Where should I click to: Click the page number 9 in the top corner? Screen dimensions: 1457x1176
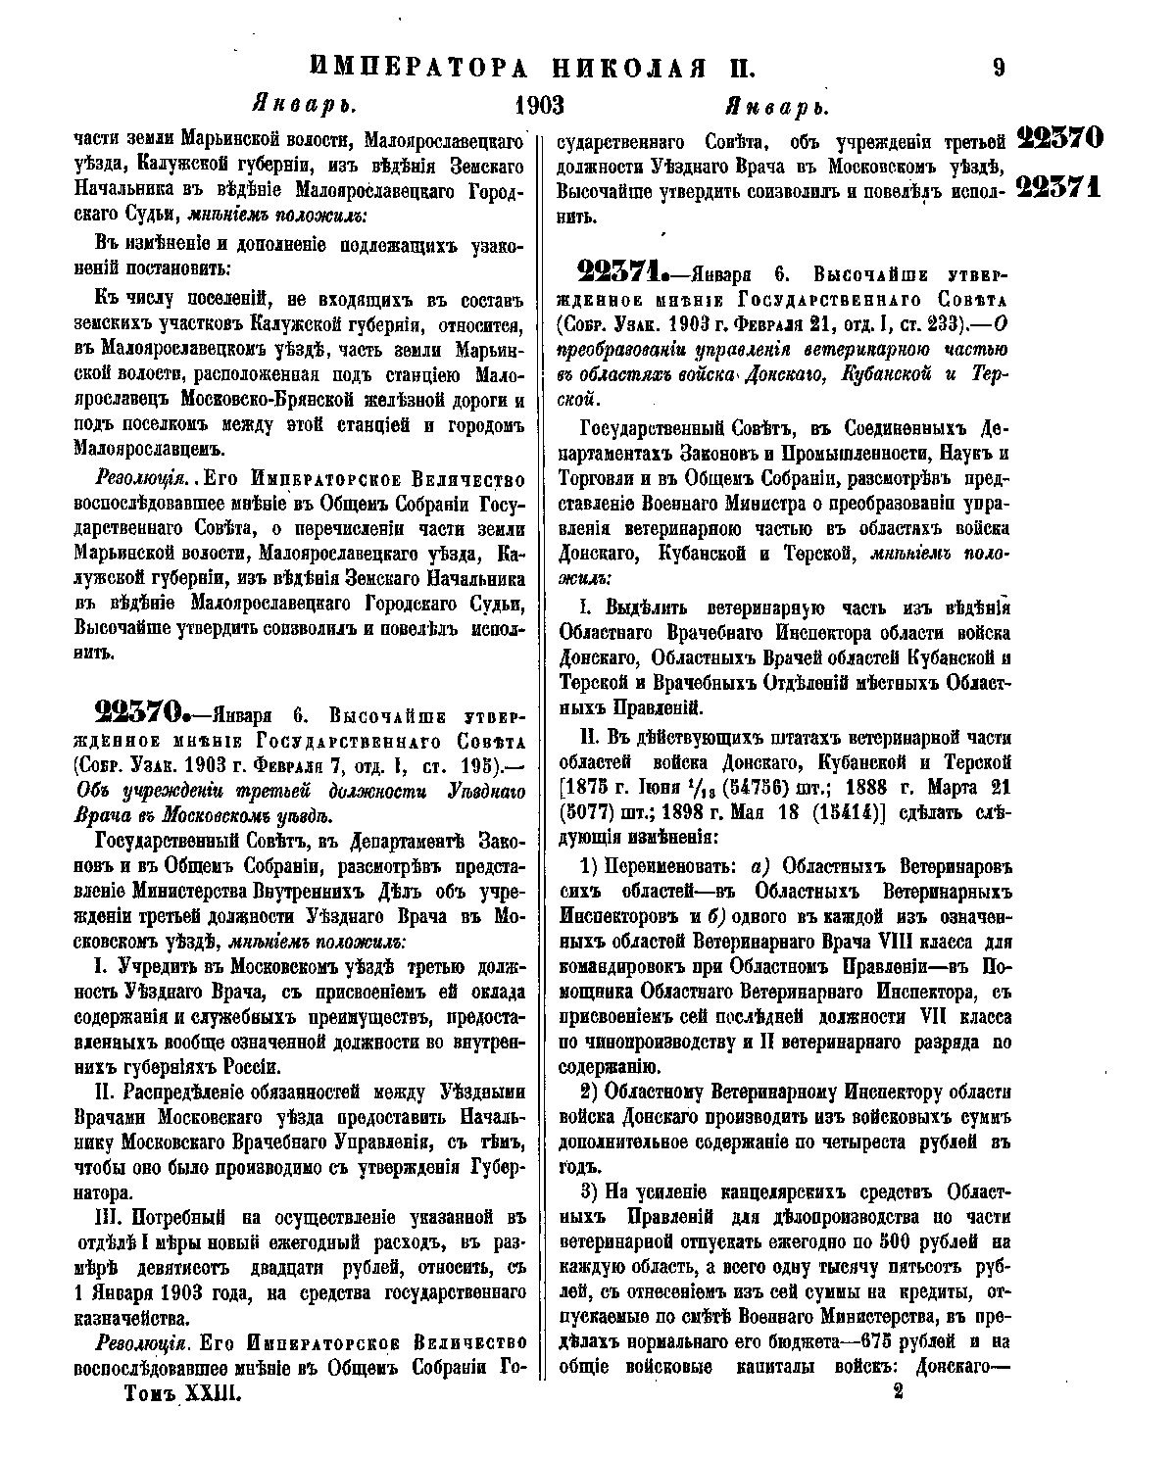pos(998,69)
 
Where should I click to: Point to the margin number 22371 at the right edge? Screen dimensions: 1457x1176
pos(1060,185)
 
